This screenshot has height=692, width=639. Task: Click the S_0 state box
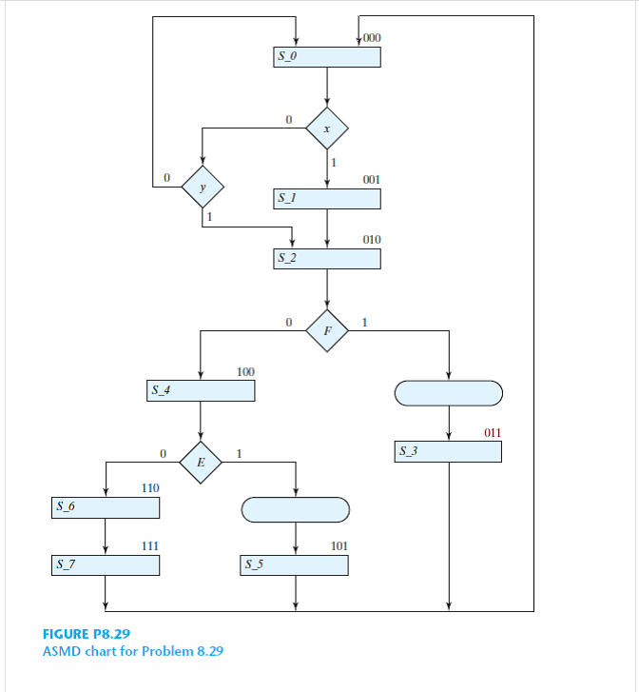[x=327, y=56]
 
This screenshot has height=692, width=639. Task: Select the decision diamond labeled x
[x=327, y=128]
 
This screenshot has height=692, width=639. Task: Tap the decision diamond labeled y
[x=202, y=187]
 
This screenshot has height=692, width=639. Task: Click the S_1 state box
[x=327, y=199]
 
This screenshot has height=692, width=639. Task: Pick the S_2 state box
[x=327, y=258]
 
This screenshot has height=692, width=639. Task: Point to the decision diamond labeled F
[x=327, y=330]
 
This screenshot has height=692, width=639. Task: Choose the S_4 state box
[x=201, y=390]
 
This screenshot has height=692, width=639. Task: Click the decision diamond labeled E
[x=201, y=462]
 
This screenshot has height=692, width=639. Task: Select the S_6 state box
[x=106, y=508]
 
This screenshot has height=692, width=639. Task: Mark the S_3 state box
[x=448, y=451]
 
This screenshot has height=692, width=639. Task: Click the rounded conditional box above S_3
[x=448, y=391]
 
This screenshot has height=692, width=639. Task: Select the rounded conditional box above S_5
[x=296, y=509]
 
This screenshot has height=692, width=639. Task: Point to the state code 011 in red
[x=492, y=433]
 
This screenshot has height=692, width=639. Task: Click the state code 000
[x=372, y=38]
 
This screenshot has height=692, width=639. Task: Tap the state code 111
[x=150, y=546]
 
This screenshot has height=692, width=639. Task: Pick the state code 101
[x=339, y=546]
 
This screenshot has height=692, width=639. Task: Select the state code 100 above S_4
[x=245, y=371]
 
